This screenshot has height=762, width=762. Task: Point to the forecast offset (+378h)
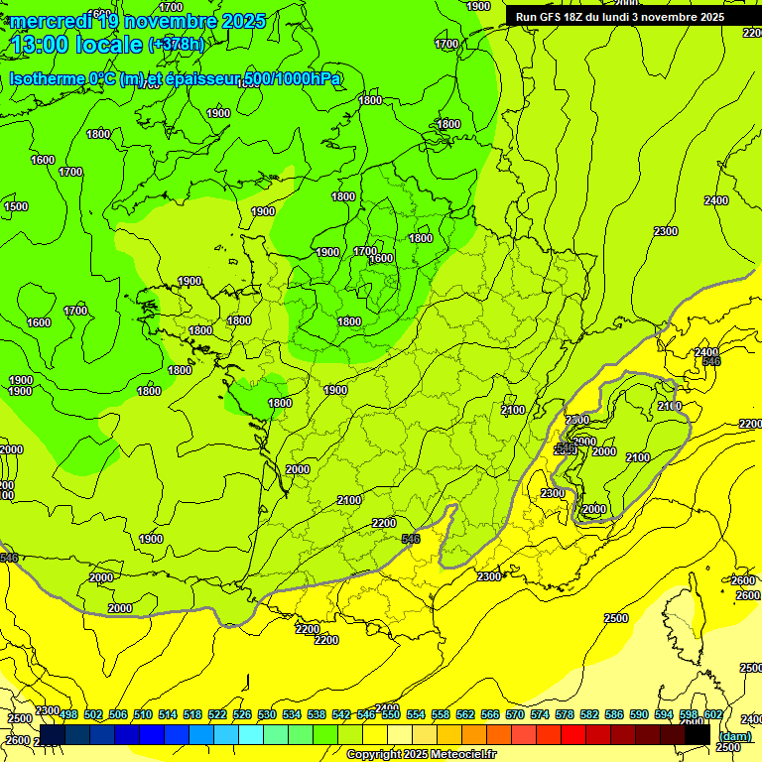177,45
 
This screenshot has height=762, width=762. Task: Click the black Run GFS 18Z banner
619,16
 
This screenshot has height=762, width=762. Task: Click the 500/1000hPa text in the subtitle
298,78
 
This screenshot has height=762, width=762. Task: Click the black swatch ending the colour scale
698,735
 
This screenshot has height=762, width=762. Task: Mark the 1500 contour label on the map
16,206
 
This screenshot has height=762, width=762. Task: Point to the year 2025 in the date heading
242,21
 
